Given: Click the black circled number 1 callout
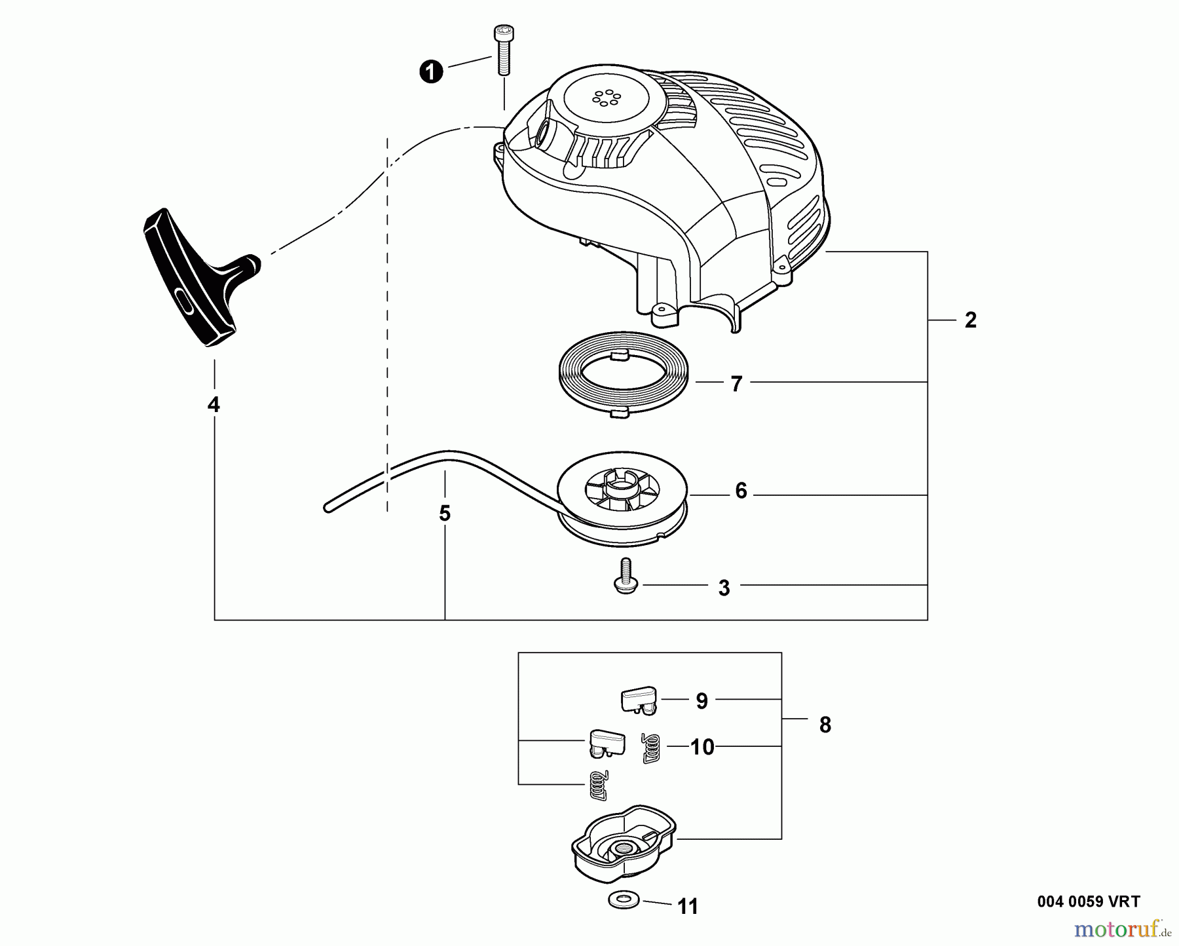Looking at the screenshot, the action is click(x=431, y=71).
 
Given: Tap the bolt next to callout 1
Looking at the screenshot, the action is click(x=502, y=50).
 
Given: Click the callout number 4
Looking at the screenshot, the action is click(x=214, y=405).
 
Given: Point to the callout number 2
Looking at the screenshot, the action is click(x=971, y=320).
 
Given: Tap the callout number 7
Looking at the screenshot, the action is click(x=736, y=384).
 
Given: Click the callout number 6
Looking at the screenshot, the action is click(x=741, y=491).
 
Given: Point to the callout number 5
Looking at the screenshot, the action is click(x=445, y=513).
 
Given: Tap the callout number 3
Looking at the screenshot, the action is click(x=724, y=588).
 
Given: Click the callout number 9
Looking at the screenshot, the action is click(x=702, y=701).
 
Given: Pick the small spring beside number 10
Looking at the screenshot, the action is click(x=650, y=747).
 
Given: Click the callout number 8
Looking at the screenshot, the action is click(x=825, y=725).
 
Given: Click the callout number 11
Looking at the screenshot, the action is click(x=688, y=907).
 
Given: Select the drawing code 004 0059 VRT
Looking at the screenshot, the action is click(x=1089, y=901).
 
